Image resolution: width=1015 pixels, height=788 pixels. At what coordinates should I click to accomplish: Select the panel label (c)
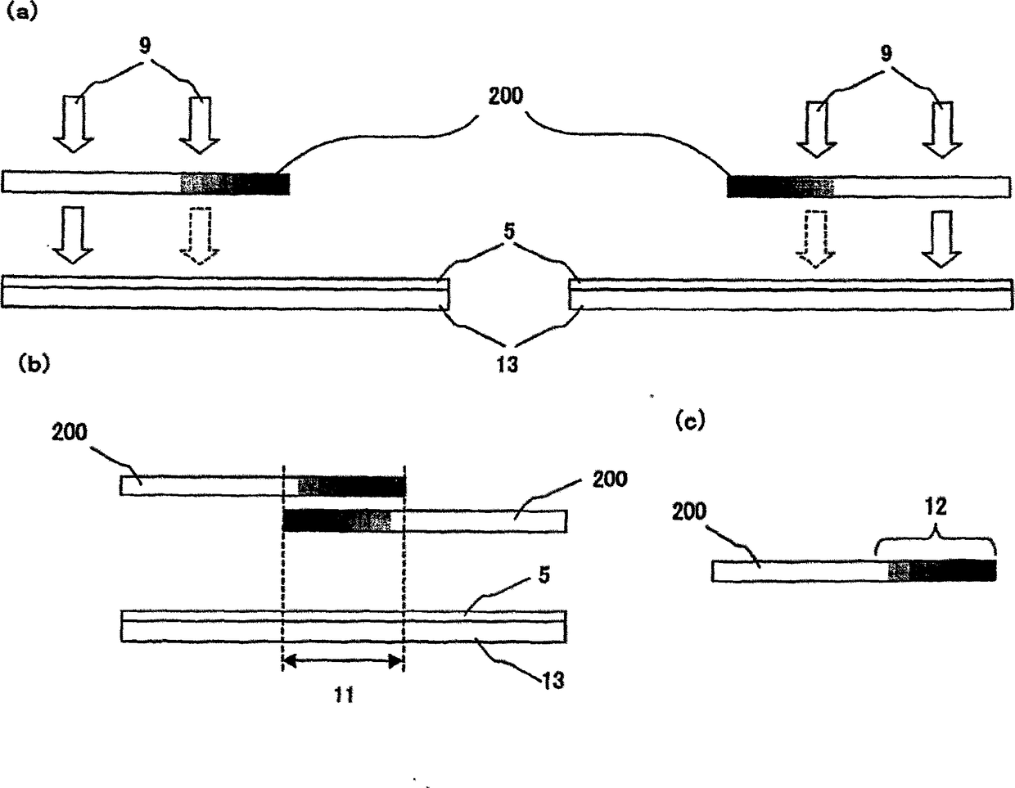point(689,421)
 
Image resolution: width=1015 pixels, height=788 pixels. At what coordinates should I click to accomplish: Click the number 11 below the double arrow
point(344,697)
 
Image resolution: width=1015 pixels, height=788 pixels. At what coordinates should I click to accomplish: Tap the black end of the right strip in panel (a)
point(755,187)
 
